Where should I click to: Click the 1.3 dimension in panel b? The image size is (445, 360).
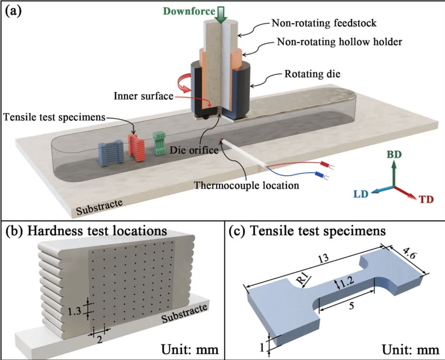[x=75, y=311]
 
